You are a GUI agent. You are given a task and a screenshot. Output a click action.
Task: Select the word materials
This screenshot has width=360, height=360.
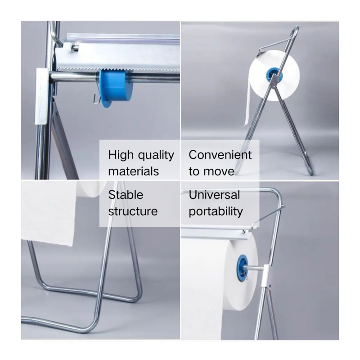[134, 171]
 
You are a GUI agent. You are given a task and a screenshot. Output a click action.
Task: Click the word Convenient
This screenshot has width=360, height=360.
[220, 155]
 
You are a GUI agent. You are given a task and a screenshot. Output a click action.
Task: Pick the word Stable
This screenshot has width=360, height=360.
[126, 195]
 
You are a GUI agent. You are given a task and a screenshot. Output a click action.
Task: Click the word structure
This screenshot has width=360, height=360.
[133, 211]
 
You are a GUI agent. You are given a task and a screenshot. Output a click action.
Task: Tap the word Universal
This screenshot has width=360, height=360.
[214, 195]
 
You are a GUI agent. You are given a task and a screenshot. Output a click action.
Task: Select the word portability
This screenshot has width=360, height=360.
[216, 211]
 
